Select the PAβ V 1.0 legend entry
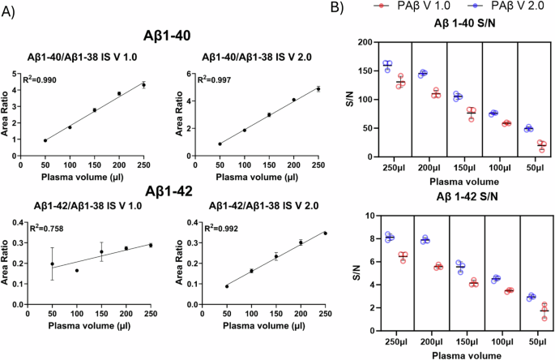point(409,6)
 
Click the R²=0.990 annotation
point(50,83)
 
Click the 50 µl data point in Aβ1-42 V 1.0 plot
point(53,264)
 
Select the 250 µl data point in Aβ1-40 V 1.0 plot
point(144,84)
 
